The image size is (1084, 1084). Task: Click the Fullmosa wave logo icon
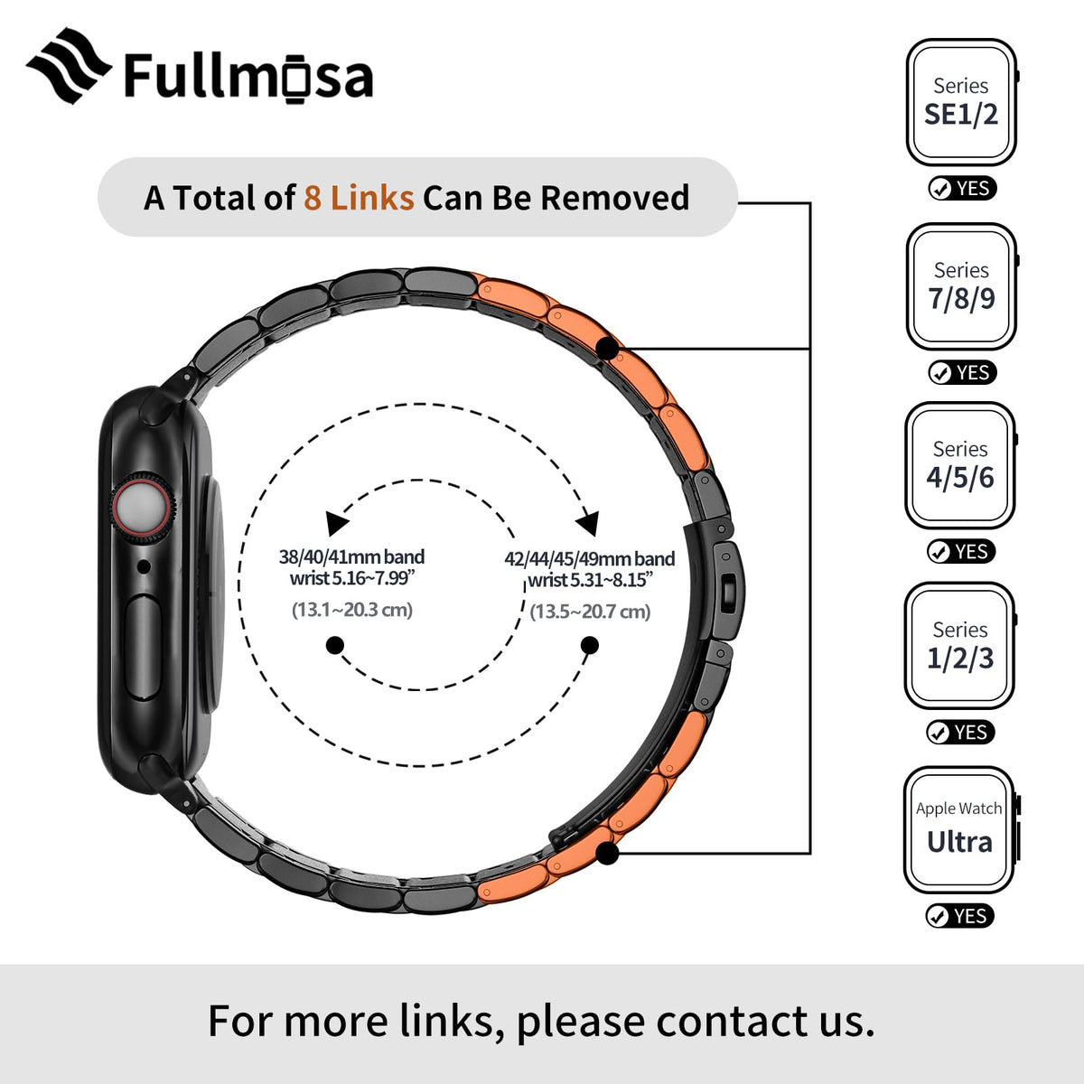click(x=69, y=66)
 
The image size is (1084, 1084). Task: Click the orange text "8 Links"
click(x=359, y=198)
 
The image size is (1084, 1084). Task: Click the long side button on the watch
click(x=143, y=648)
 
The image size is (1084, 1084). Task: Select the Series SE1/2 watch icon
click(x=962, y=102)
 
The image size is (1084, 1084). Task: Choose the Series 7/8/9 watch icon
click(x=962, y=286)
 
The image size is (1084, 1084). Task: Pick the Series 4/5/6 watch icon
click(x=961, y=466)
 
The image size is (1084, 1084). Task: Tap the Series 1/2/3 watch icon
click(x=960, y=646)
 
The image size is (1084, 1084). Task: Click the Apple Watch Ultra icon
click(x=960, y=830)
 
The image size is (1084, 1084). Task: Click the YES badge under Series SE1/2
click(x=962, y=189)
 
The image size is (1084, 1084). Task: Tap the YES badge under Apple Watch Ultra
click(x=959, y=916)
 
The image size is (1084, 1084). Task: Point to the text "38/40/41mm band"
click(x=351, y=557)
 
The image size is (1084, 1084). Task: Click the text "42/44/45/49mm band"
click(x=590, y=558)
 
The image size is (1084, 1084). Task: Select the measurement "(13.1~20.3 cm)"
click(x=352, y=610)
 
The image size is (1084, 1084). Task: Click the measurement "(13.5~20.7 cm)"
click(x=590, y=612)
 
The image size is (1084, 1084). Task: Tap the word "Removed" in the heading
click(x=615, y=198)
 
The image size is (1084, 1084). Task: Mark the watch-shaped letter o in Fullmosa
click(x=294, y=79)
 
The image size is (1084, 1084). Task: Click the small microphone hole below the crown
click(x=144, y=566)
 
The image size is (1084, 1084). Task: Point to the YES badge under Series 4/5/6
click(x=961, y=552)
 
